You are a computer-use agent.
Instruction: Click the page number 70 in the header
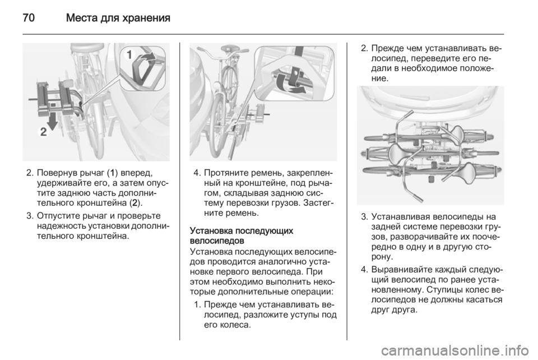coord(29,17)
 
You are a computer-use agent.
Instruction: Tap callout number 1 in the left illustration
coord(129,54)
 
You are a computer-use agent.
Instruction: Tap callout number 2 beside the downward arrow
coord(44,132)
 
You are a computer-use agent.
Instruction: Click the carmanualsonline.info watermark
coord(454,350)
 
